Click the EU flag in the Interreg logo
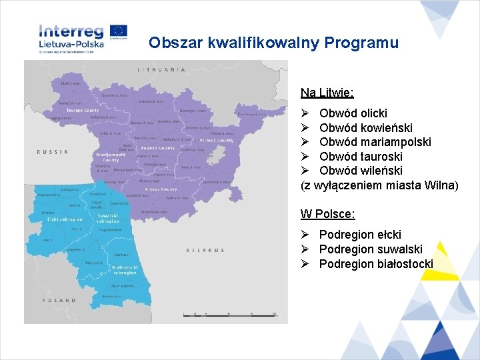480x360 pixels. coord(119,31)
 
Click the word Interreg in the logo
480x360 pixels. coord(71,31)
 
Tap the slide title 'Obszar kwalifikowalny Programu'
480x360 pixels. coord(273,43)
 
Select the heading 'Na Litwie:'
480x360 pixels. coord(327,92)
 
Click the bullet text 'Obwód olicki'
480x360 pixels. coord(353,113)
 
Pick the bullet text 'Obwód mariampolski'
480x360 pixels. coord(375,142)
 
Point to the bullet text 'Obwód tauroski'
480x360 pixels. coord(361,157)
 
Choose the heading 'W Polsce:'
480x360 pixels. coord(327,214)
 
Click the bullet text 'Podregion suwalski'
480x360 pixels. coord(370,249)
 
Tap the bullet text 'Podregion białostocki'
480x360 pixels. coord(375,264)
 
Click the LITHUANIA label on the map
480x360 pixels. coord(161,69)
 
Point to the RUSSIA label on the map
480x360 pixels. coord(53,152)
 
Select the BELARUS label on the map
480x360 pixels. coord(206,250)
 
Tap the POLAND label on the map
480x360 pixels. coord(60,301)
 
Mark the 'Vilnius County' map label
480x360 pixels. coord(217,141)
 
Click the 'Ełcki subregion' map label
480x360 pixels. coord(65,219)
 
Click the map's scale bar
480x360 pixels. coord(230,313)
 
